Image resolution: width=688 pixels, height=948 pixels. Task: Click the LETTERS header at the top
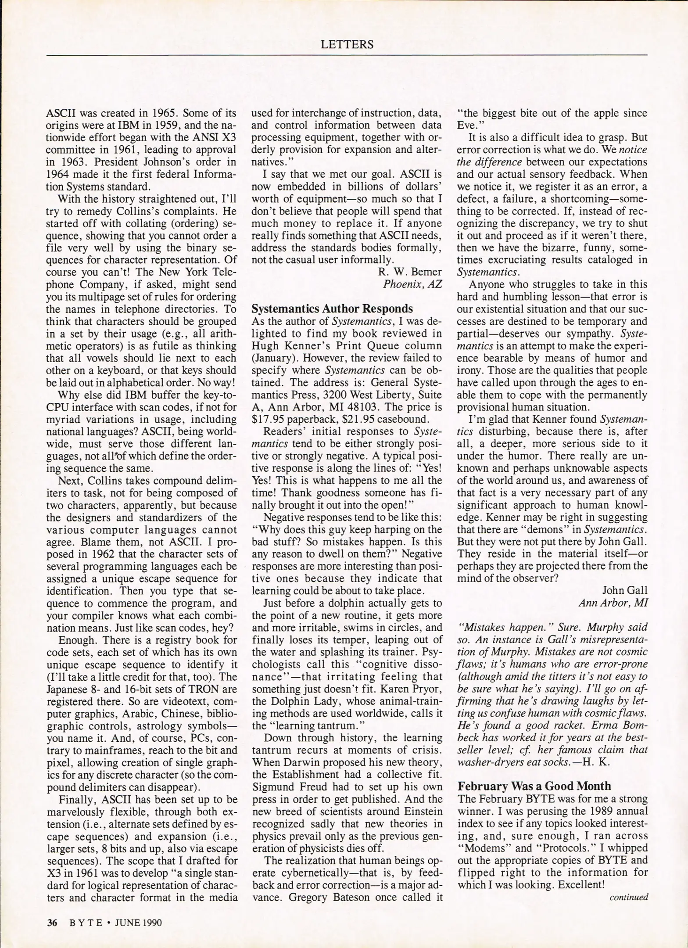point(347,44)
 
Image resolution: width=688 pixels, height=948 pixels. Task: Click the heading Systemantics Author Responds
point(332,308)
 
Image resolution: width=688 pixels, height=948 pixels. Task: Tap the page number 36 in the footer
point(52,923)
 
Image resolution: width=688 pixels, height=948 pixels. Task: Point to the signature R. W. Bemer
point(409,272)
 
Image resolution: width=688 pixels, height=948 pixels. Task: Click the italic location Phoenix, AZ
point(412,284)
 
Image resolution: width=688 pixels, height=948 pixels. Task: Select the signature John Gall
point(624,590)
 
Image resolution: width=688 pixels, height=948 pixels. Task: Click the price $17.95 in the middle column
point(268,419)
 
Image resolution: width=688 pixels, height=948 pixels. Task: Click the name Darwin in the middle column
point(300,762)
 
